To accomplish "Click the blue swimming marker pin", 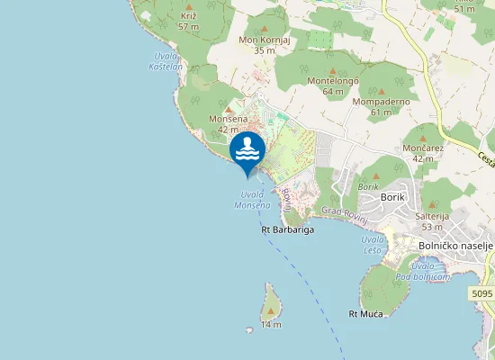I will tap(247, 151).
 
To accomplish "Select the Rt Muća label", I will tap(365, 313).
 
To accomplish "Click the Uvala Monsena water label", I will tap(253, 200).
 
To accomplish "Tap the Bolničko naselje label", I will tap(456, 245).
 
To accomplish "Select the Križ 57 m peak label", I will tap(188, 21).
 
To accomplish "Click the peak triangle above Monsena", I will tap(228, 109).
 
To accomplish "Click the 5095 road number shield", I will tap(481, 293).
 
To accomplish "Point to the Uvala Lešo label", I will tap(372, 245).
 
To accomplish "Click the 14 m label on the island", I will tap(271, 324).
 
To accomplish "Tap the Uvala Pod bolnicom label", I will tap(429, 273).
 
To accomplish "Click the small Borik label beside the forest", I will tap(368, 185).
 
